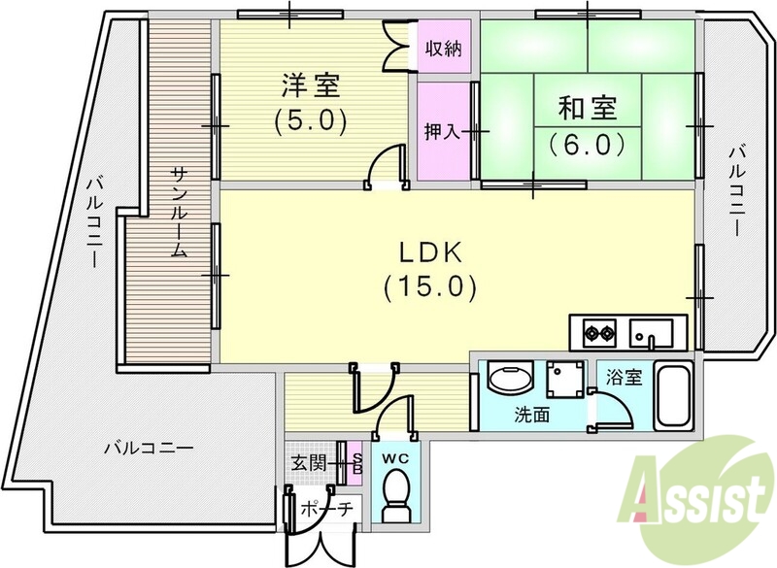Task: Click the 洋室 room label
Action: click(311, 86)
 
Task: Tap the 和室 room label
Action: click(586, 106)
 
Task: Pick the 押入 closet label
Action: click(442, 130)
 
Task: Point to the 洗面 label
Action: click(531, 416)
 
